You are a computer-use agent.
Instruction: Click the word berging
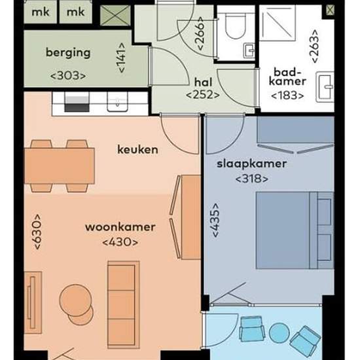(x=69, y=53)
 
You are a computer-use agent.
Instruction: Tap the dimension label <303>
(x=68, y=75)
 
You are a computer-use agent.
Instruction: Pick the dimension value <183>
(x=288, y=95)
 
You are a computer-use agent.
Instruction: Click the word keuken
(x=137, y=149)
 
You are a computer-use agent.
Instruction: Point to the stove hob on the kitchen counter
(x=77, y=101)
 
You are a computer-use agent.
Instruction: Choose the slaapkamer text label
(x=246, y=164)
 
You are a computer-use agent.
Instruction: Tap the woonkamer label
(x=120, y=228)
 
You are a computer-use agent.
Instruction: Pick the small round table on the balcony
(x=278, y=333)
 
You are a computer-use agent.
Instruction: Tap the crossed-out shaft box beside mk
(x=116, y=12)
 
